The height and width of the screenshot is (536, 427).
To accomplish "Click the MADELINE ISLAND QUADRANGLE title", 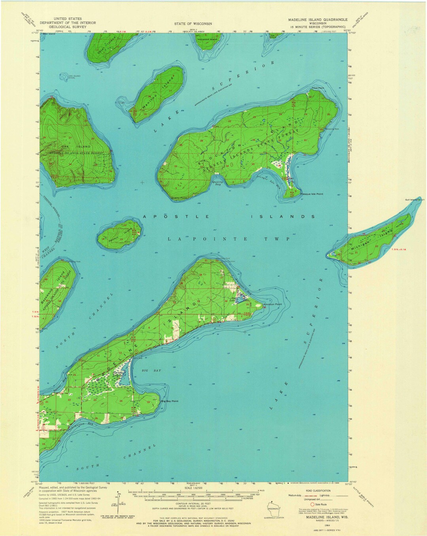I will coord(318,19).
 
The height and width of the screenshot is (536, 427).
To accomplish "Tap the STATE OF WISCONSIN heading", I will coord(193,24).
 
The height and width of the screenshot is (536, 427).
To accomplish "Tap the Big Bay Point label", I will coord(170,401).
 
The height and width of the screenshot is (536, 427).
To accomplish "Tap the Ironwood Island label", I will coord(207,39).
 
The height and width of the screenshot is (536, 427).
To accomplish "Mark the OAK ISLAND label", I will coord(81,147).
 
